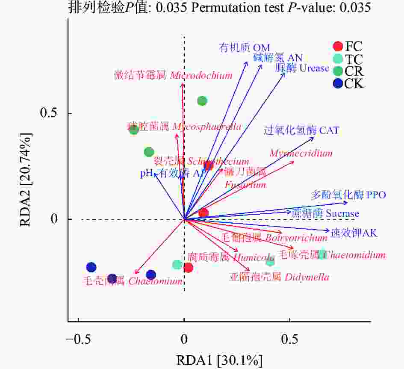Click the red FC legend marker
tap(338, 46)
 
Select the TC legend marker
tap(338, 59)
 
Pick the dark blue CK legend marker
tap(338, 83)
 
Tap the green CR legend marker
tap(338, 71)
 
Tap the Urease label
tap(302, 68)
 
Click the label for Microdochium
tap(173, 76)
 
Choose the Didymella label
tap(279, 277)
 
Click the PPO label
tap(348, 195)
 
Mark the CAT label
tap(302, 130)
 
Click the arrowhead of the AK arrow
tap(330, 232)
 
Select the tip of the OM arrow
tap(247, 62)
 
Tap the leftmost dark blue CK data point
tap(91, 268)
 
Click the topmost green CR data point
tap(202, 101)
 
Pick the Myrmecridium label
tap(301, 153)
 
